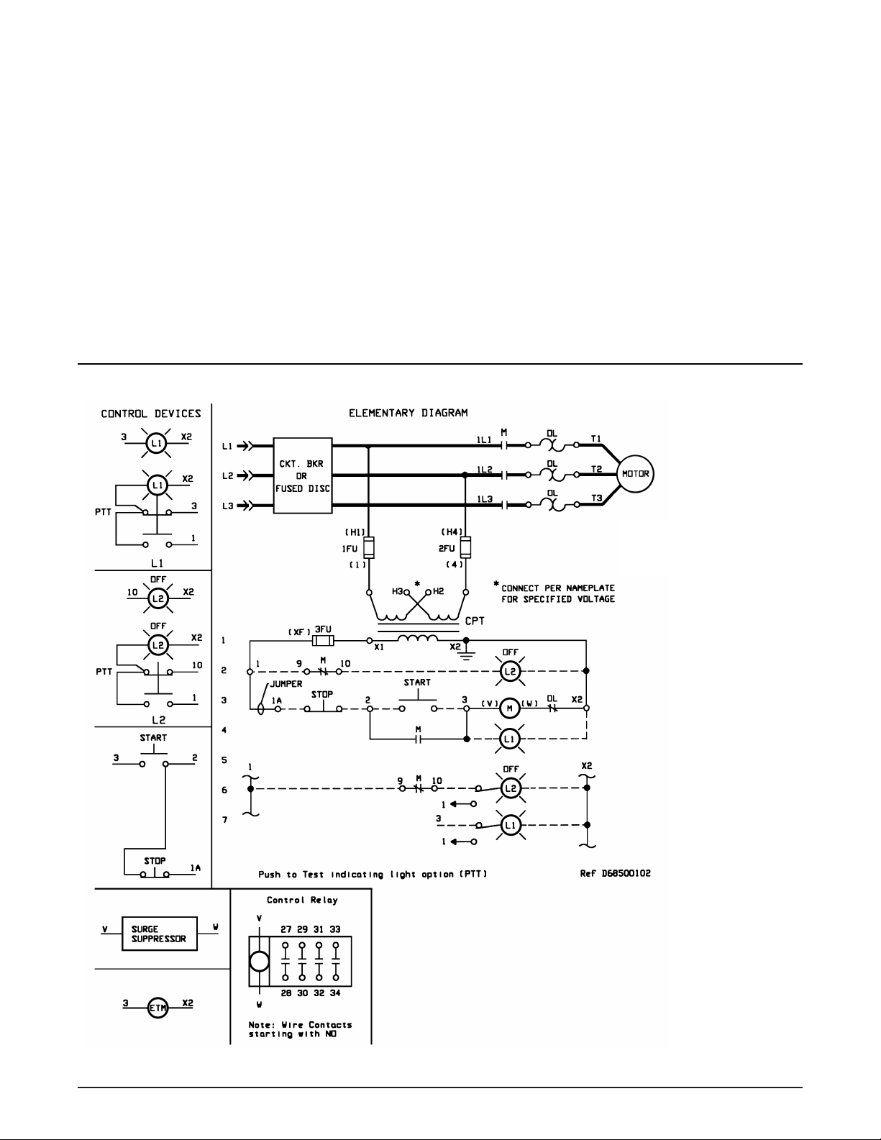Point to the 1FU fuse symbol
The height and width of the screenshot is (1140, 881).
click(x=369, y=547)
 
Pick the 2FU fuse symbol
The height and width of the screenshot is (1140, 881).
click(x=465, y=547)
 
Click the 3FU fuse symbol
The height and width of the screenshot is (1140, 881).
click(x=323, y=641)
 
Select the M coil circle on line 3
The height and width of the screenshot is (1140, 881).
click(x=509, y=708)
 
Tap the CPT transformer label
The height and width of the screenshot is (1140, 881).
click(x=475, y=621)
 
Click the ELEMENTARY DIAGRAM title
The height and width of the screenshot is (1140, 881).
click(x=408, y=413)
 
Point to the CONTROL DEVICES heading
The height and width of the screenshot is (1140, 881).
click(x=151, y=414)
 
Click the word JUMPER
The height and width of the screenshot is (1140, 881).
click(x=286, y=684)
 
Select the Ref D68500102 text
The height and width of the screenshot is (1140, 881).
click(x=615, y=873)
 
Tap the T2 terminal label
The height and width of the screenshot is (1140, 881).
click(x=596, y=469)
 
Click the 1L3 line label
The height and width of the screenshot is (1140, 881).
click(x=485, y=499)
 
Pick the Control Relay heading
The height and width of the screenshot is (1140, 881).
click(x=302, y=900)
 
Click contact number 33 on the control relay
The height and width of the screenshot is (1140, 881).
click(x=335, y=929)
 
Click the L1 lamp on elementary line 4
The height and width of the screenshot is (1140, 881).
click(x=509, y=739)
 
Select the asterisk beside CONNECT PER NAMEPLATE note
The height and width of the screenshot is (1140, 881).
click(x=496, y=584)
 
